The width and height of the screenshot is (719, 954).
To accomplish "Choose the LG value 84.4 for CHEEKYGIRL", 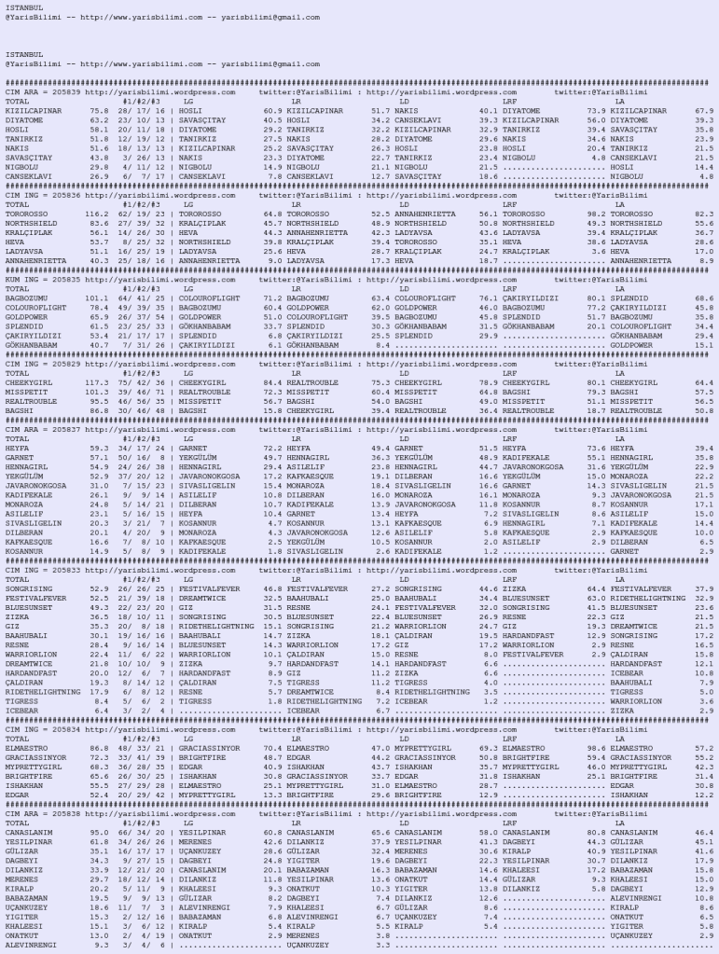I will tap(271, 381).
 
